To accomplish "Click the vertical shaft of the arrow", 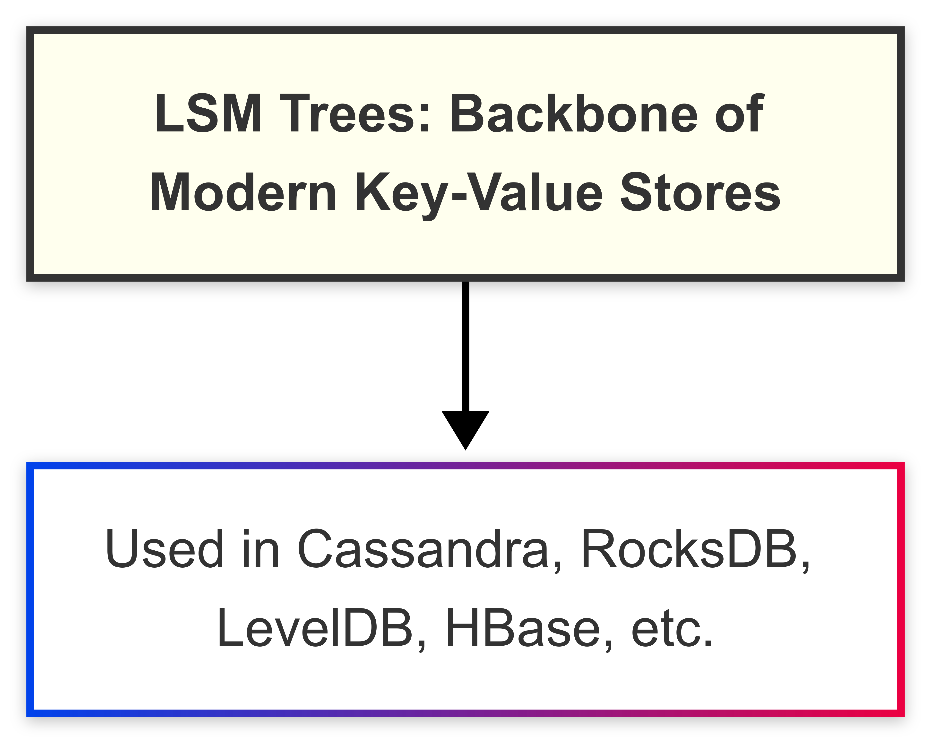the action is pyautogui.click(x=466, y=346).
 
